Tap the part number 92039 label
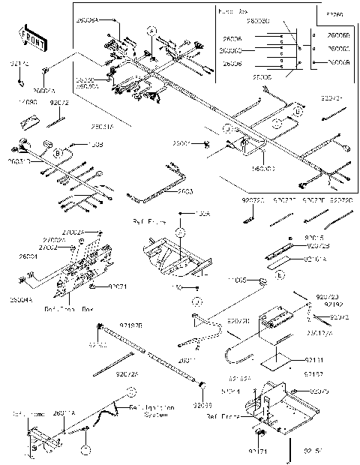coord(202,405)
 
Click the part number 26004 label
coord(28,256)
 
